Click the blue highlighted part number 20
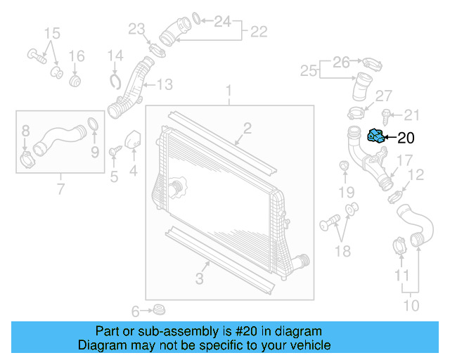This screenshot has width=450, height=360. click(377, 136)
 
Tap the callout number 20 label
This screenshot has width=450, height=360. click(407, 139)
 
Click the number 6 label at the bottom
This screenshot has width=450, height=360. click(136, 311)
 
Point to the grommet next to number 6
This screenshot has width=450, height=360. click(160, 309)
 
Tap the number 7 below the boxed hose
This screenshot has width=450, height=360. click(60, 188)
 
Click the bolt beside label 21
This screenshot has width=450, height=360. click(387, 114)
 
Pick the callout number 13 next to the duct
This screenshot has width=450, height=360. click(164, 85)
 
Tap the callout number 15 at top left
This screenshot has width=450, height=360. click(53, 33)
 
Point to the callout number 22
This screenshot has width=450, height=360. click(259, 31)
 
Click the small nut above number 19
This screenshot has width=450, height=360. click(345, 166)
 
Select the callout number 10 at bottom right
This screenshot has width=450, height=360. click(411, 305)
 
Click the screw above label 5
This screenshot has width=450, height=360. click(114, 150)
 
